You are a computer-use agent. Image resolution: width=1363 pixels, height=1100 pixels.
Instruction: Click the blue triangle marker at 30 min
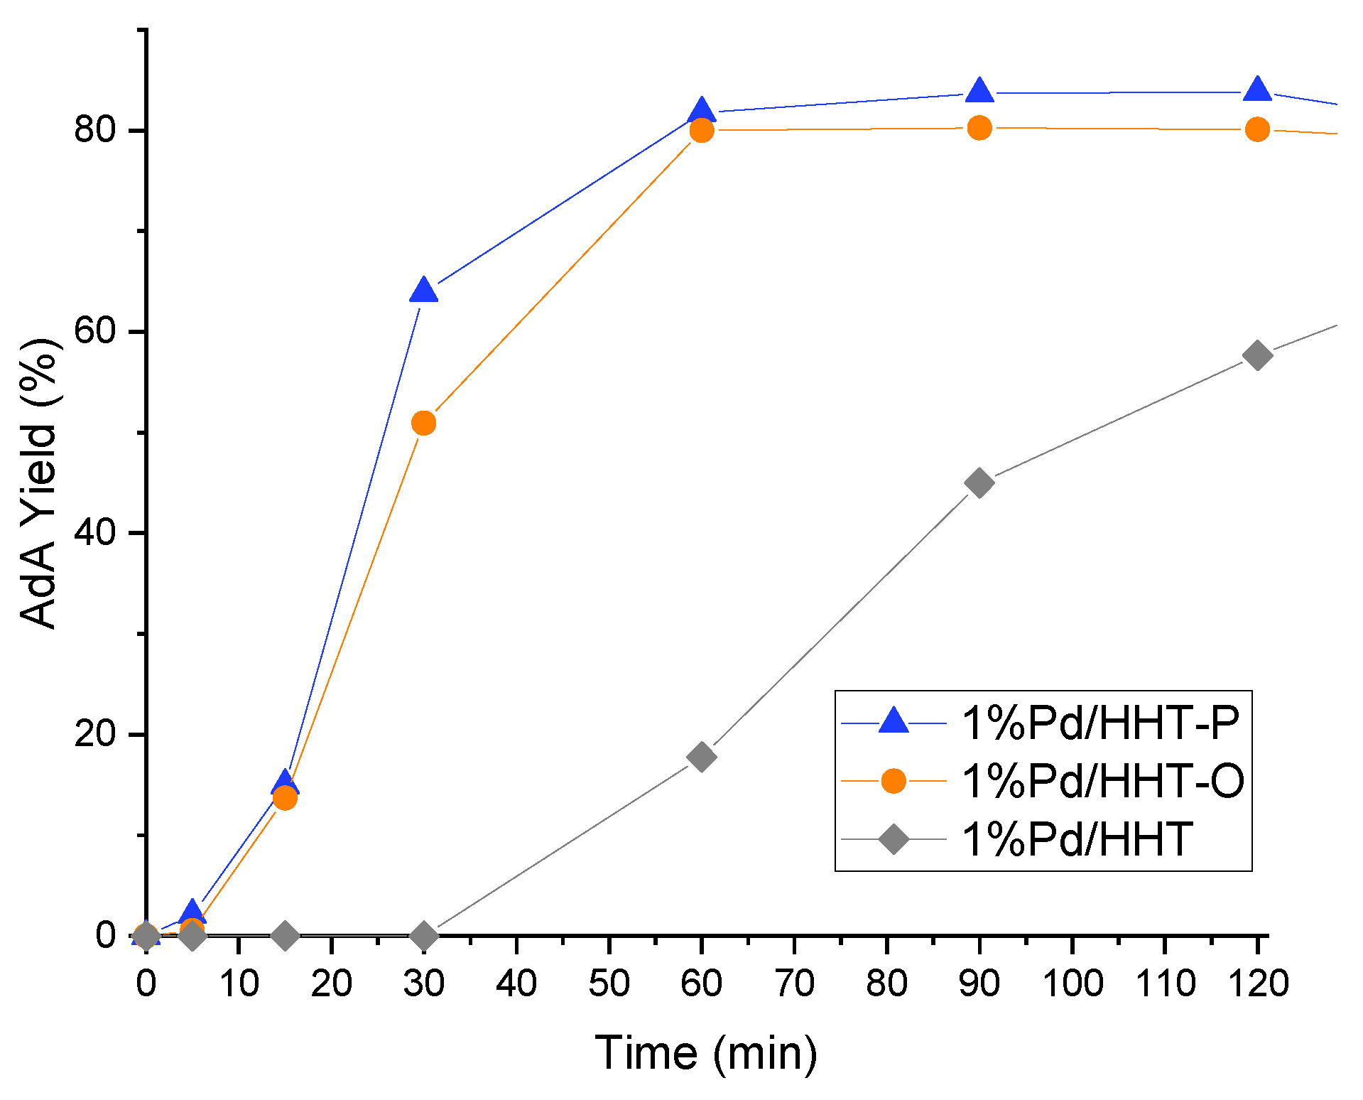coord(424,291)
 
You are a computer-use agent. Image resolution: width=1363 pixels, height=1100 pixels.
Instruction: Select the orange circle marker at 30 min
coord(424,424)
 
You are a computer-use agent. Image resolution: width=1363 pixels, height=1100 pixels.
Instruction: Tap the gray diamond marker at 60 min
coord(702,757)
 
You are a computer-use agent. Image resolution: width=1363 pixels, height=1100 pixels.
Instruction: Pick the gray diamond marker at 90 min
coord(979,483)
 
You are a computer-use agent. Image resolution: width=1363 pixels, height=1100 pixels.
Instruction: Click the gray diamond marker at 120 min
coord(1257,355)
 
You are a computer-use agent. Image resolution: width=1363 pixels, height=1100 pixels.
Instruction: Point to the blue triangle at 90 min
coord(979,91)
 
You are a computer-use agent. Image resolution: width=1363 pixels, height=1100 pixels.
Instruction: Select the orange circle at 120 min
coord(1257,129)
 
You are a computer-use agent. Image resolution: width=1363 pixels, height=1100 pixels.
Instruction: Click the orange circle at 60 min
coord(702,130)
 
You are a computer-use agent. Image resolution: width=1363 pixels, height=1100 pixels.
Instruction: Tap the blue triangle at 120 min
coord(1257,90)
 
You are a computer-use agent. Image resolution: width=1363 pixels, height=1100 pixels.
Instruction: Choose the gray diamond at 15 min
coord(286,936)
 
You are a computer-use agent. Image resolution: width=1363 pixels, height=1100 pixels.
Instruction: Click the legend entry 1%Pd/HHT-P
coord(1099,723)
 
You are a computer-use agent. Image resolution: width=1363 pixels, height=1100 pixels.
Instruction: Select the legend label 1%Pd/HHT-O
coord(1102,781)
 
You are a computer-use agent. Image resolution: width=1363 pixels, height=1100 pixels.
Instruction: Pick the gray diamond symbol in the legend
coord(894,839)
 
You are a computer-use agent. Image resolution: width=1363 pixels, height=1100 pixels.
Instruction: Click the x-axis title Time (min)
coord(706,1052)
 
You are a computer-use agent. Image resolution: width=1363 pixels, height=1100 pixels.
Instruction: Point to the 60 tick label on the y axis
coord(95,332)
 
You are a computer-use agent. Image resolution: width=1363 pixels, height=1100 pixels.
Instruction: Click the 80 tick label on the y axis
coord(95,131)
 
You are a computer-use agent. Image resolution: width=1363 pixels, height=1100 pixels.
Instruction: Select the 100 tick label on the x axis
coord(1072,984)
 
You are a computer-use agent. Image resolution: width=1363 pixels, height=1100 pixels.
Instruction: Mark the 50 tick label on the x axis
coord(609,984)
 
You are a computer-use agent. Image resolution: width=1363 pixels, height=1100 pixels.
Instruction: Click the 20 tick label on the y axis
coord(95,734)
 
